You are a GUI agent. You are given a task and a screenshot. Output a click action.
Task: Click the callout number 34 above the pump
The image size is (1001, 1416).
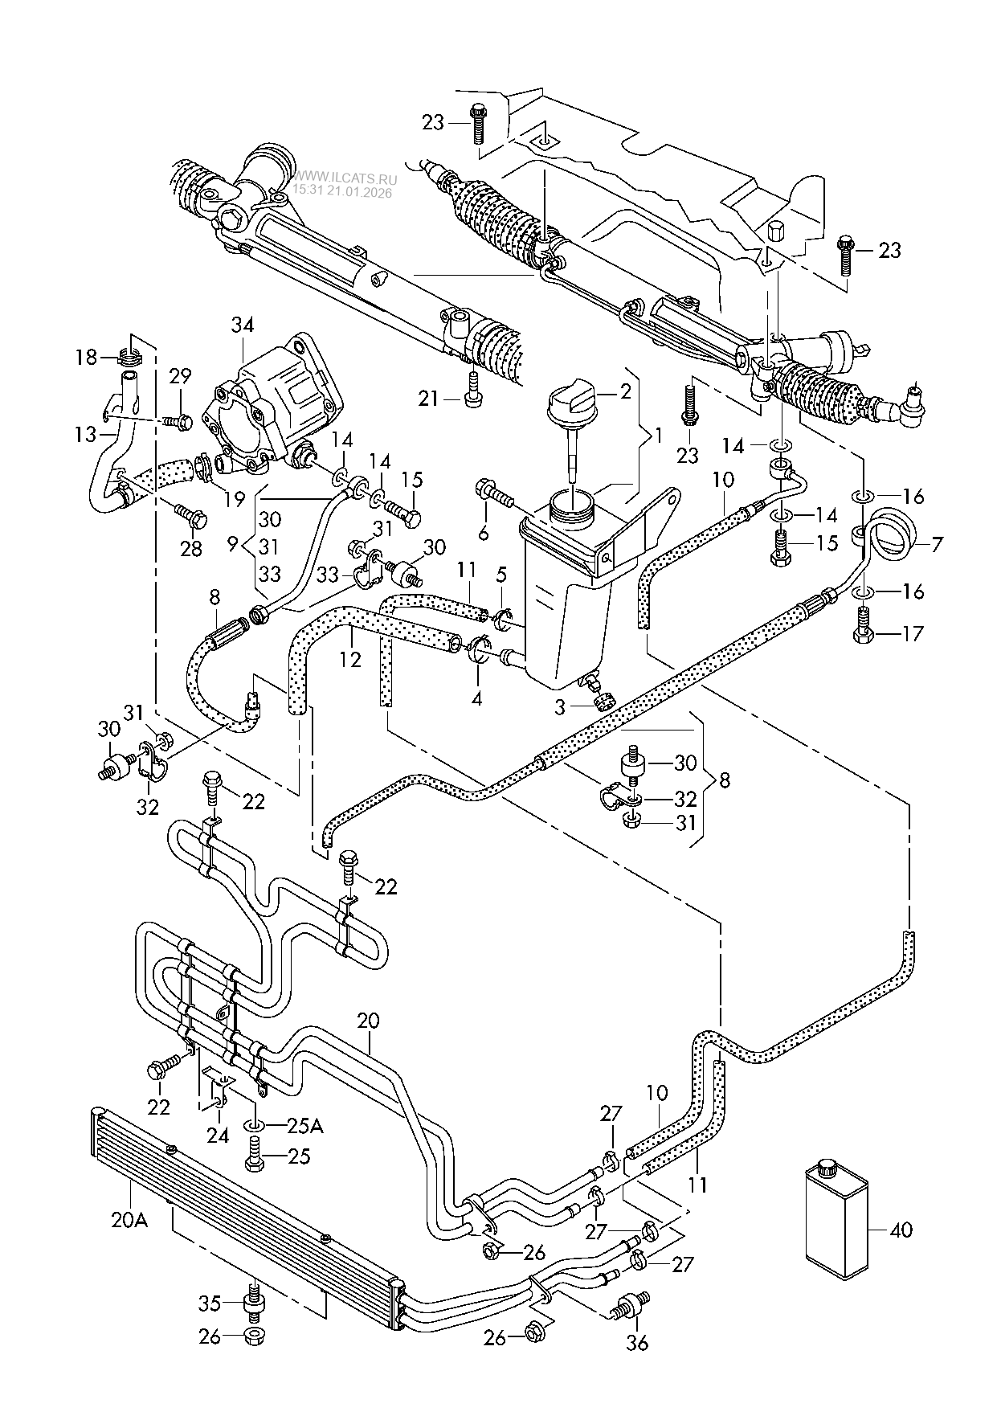point(243,325)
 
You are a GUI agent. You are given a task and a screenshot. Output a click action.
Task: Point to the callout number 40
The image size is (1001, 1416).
point(901,1230)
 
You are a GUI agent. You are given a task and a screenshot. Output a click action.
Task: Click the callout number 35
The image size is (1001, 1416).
point(209,1301)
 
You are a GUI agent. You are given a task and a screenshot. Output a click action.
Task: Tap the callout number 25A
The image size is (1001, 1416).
point(304,1126)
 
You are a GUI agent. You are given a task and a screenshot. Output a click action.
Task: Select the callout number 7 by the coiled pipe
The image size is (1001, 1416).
point(937,545)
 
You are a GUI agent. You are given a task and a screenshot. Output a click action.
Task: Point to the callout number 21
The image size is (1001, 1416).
point(430,397)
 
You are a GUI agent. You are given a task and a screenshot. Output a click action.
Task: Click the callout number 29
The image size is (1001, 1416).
point(180,375)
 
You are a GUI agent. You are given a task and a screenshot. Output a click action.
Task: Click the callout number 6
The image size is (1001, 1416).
point(482,532)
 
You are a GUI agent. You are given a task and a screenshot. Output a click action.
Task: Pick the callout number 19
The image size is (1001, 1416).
point(234,499)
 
